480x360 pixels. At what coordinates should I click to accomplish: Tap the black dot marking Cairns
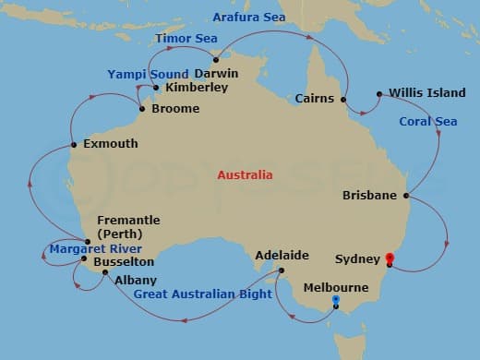click(342, 99)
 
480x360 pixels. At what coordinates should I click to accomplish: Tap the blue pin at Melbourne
click(335, 301)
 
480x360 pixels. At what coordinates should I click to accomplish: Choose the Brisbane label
click(369, 195)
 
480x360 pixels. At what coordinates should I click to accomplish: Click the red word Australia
click(245, 174)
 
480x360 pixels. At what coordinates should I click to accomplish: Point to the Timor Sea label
click(186, 39)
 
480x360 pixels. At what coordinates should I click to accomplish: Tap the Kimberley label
click(196, 89)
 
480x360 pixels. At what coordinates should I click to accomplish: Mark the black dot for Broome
click(141, 109)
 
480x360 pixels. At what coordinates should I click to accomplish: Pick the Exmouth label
click(110, 144)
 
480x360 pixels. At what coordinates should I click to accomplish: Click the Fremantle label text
click(128, 221)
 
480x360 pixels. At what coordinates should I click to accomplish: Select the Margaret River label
click(95, 249)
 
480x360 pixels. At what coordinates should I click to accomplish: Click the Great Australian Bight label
click(202, 294)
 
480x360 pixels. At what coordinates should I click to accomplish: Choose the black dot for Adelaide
click(282, 270)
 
